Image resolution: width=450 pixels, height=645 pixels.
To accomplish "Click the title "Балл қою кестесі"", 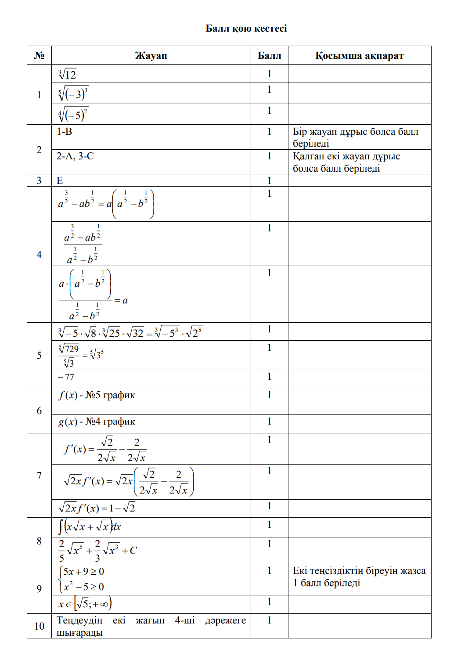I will coord(246,29).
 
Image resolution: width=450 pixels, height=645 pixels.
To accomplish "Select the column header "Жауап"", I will coord(151,56).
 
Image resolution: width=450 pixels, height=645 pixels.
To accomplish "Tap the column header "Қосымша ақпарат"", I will coord(359,56).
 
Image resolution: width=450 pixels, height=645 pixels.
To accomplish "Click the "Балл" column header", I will coord(269,56).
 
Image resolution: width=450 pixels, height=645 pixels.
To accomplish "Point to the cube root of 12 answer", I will coord(67,74).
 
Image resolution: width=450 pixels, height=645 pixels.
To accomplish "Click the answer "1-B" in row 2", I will coord(65,131).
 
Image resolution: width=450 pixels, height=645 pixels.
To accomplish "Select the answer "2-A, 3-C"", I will coord(75,156).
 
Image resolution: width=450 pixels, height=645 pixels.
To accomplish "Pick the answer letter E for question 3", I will coord(60,180).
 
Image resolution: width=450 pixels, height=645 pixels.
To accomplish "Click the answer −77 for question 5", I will coord(66,377).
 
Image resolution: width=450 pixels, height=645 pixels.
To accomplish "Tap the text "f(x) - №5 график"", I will coord(97,395).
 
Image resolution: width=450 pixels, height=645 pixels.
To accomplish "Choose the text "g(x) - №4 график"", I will coord(97,422).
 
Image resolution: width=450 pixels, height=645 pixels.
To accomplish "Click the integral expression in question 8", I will coord(90,526).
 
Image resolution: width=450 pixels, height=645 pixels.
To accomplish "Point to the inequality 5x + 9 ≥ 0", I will coord(83,572).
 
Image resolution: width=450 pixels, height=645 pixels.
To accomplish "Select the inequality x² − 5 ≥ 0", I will coord(83,587).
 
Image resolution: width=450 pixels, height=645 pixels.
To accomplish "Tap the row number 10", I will coord(39,626).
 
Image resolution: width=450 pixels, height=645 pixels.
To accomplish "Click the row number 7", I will coord(39,476).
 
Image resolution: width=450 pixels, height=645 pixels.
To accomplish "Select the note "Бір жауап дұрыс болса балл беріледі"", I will coord(356,137).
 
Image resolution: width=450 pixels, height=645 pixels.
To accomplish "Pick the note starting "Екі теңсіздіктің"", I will coord(359,577).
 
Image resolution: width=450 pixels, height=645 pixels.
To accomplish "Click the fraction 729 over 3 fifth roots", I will coord(69,356).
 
